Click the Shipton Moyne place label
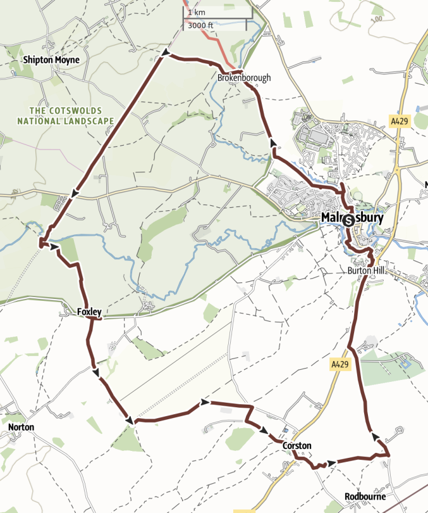51,60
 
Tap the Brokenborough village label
243,77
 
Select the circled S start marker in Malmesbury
347,220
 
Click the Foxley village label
89,312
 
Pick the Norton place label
21,427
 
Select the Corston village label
297,446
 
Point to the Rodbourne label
365,497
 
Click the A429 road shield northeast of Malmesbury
398,120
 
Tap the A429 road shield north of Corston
339,365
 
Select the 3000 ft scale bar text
199,25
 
